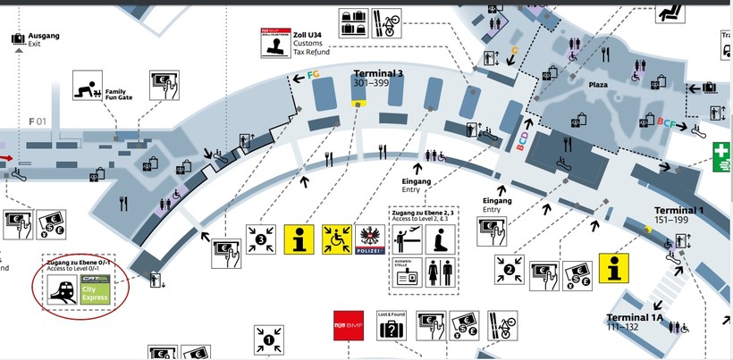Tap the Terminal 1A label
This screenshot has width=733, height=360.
(x=634, y=317)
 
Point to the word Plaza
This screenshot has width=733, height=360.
(x=598, y=84)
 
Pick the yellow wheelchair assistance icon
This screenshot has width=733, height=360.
(x=337, y=239)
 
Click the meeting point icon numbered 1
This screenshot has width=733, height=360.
(x=269, y=340)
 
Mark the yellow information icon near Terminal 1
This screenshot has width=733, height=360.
(x=614, y=269)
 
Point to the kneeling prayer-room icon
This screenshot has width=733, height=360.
(x=440, y=238)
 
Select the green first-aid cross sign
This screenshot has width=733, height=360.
(x=722, y=157)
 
